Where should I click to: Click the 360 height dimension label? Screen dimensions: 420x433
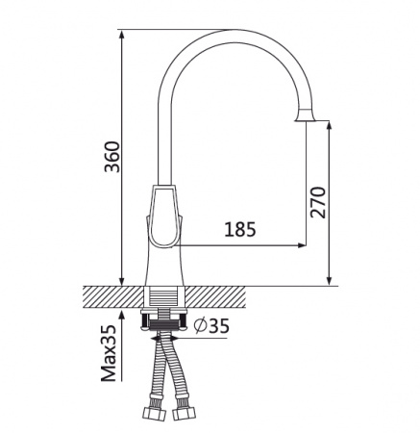pyautogui.click(x=112, y=157)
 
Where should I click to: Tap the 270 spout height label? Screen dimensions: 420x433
pyautogui.click(x=318, y=202)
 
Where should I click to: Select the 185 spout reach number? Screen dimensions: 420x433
pyautogui.click(x=240, y=230)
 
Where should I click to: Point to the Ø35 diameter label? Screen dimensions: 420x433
pyautogui.click(x=212, y=326)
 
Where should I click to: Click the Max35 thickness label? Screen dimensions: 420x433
pyautogui.click(x=109, y=353)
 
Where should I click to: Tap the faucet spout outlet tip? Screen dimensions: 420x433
pyautogui.click(x=305, y=120)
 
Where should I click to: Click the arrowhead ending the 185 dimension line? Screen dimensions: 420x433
pyautogui.click(x=302, y=245)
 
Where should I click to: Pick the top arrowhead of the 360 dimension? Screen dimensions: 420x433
pyautogui.click(x=121, y=34)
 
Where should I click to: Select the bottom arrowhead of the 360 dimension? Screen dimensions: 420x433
pyautogui.click(x=121, y=281)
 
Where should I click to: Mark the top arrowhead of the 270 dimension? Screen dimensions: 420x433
pyautogui.click(x=330, y=125)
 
